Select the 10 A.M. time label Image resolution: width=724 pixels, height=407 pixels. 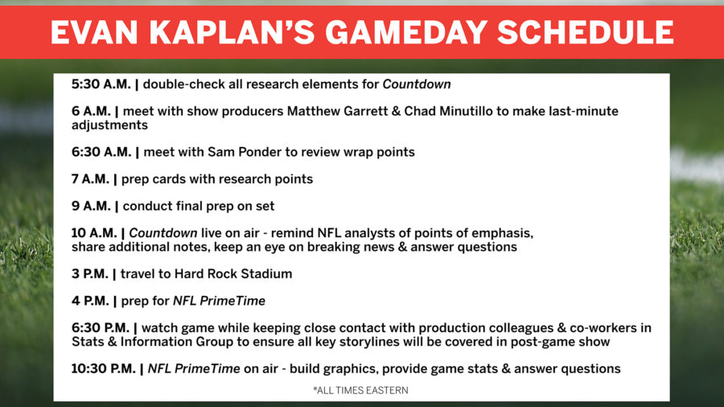coord(95,233)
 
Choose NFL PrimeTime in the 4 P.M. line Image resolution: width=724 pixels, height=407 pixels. coord(219,301)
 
